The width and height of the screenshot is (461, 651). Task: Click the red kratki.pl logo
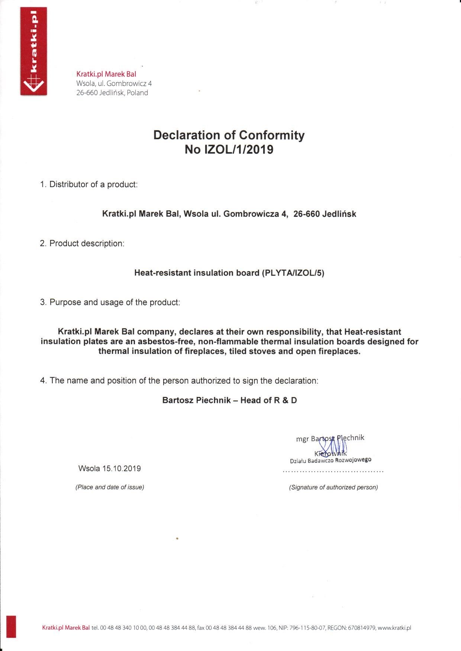pyautogui.click(x=34, y=51)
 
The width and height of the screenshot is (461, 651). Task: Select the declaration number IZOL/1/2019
pyautogui.click(x=239, y=149)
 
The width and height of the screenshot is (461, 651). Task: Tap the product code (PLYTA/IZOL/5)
pyautogui.click(x=293, y=273)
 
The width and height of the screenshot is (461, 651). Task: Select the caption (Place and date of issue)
pyautogui.click(x=110, y=487)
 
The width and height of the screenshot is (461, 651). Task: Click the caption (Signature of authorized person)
pyautogui.click(x=333, y=487)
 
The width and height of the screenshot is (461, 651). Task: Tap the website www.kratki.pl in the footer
pyautogui.click(x=394, y=628)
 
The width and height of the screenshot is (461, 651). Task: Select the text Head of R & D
pyautogui.click(x=268, y=400)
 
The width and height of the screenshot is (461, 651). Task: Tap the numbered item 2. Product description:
pyautogui.click(x=82, y=244)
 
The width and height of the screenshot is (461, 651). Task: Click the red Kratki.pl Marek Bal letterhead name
pyautogui.click(x=106, y=74)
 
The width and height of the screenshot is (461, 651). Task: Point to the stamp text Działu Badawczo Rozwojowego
pyautogui.click(x=331, y=460)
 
